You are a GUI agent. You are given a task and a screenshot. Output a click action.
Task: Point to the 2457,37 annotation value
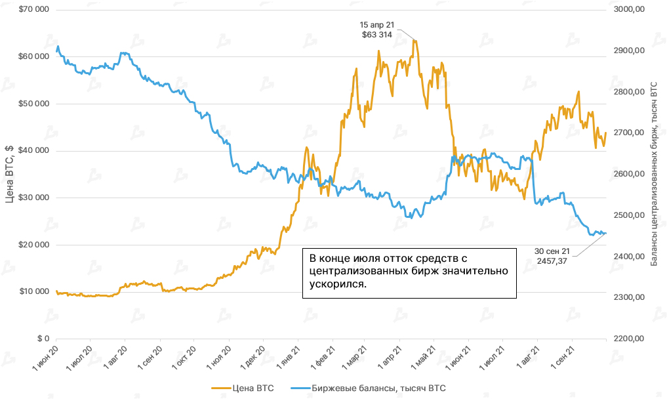(554, 261)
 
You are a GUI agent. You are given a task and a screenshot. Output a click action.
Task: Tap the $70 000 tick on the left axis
(33, 10)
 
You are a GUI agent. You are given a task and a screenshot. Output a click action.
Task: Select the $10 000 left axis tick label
(33, 291)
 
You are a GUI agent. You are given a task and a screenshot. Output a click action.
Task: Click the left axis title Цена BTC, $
(9, 175)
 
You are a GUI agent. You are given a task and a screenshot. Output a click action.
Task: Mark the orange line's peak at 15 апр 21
(414, 41)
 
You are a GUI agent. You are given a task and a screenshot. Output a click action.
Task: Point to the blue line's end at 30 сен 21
(605, 233)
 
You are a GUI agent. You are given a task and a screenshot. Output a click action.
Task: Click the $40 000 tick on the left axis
(33, 151)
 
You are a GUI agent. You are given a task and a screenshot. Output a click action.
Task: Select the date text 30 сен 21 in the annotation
(552, 251)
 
